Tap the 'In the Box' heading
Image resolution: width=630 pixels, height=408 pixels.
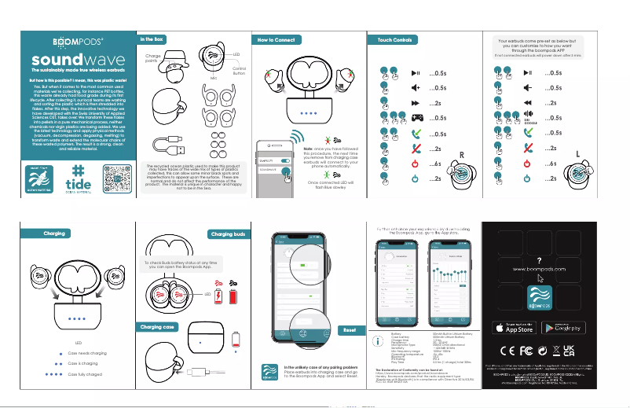point(152,39)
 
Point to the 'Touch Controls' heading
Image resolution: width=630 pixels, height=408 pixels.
point(397,39)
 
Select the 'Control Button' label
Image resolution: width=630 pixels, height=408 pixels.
point(239,72)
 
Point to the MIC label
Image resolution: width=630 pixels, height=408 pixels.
point(213,79)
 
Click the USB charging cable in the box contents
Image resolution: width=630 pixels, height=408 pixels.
point(168,147)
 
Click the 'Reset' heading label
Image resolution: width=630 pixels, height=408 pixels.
point(350,331)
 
